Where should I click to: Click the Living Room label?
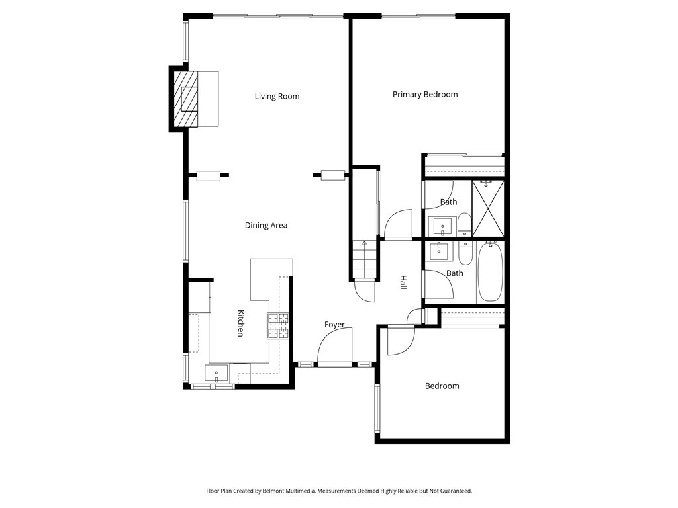pos(277,97)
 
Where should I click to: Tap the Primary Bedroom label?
pos(425,95)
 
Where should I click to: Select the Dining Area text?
pos(266,226)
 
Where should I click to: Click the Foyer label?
pos(334,325)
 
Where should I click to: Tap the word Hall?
pos(403,282)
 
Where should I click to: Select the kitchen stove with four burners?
pos(279,325)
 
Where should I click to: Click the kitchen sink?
pos(217,374)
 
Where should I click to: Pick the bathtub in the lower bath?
pos(490,272)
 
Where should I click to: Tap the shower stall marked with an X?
pos(489,208)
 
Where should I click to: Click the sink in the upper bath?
pos(442,227)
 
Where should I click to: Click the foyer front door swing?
pos(335,348)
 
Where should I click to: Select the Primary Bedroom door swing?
pos(398,224)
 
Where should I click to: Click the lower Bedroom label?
pos(442,386)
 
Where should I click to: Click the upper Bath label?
pos(449,202)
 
